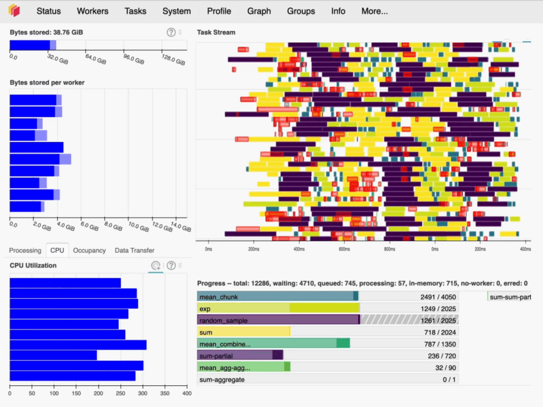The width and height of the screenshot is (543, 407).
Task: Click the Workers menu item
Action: coord(92,11)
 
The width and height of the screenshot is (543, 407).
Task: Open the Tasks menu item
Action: coord(135,11)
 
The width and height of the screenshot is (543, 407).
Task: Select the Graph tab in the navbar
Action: coord(259,11)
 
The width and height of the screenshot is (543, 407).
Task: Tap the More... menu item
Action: coord(374,11)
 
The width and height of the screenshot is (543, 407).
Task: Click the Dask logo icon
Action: coord(14,11)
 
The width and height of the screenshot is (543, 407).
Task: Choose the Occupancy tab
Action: coord(89,250)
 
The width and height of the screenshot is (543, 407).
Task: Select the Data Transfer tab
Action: coord(135,250)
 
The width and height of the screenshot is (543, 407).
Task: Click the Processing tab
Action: coord(25,250)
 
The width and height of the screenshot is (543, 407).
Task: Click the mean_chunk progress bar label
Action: coord(217,296)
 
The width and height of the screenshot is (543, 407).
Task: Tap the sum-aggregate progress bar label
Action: coord(222,379)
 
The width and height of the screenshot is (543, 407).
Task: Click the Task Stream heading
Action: coord(216,32)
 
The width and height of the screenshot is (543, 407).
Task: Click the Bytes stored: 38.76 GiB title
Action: coord(46,32)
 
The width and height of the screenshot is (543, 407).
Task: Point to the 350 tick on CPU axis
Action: coord(164,394)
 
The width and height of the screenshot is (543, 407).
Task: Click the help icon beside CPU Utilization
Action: coord(171,266)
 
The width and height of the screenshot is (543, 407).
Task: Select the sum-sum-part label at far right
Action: coord(510,297)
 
